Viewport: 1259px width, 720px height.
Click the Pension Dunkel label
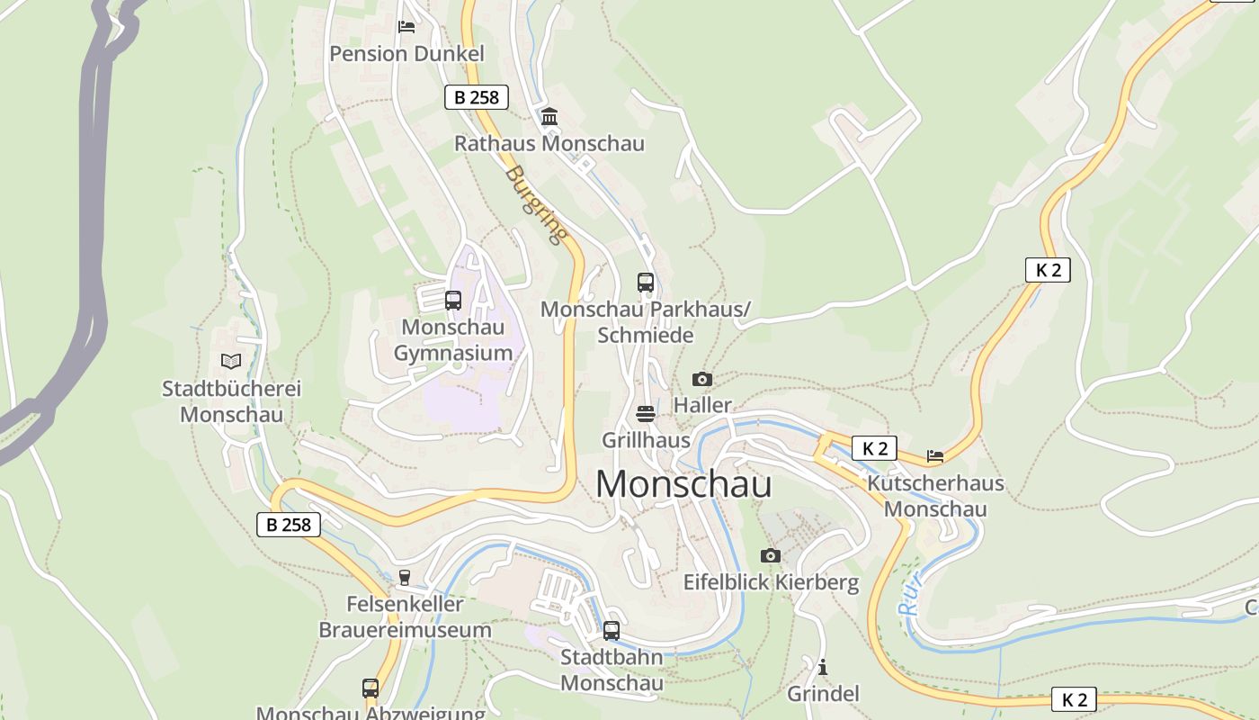click(x=406, y=54)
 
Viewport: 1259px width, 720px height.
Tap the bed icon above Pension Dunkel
click(x=406, y=26)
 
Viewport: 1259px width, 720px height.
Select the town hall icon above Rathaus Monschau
click(x=549, y=116)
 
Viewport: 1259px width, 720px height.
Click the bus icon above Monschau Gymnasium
click(x=453, y=300)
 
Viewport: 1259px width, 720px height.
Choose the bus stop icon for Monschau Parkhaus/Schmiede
click(x=646, y=282)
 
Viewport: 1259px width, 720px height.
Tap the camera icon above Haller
click(x=702, y=379)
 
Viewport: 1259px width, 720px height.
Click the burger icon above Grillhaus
click(x=646, y=414)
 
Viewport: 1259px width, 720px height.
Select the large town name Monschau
click(x=683, y=484)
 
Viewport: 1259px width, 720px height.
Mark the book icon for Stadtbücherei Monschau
click(x=231, y=362)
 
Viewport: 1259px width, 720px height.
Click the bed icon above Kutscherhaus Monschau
click(x=935, y=456)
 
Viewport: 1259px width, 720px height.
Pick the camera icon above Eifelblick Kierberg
click(x=771, y=555)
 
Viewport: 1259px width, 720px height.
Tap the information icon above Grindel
click(x=823, y=667)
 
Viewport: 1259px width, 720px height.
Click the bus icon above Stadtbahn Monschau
click(x=612, y=630)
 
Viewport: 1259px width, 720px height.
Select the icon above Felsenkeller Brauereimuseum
click(x=405, y=577)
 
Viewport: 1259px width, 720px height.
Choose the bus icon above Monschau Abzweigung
click(x=371, y=688)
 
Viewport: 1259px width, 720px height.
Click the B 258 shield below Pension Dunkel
click(x=477, y=97)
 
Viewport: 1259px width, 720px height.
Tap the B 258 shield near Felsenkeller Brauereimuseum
click(x=289, y=525)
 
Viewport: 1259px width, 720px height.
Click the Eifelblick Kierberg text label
click(x=771, y=582)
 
